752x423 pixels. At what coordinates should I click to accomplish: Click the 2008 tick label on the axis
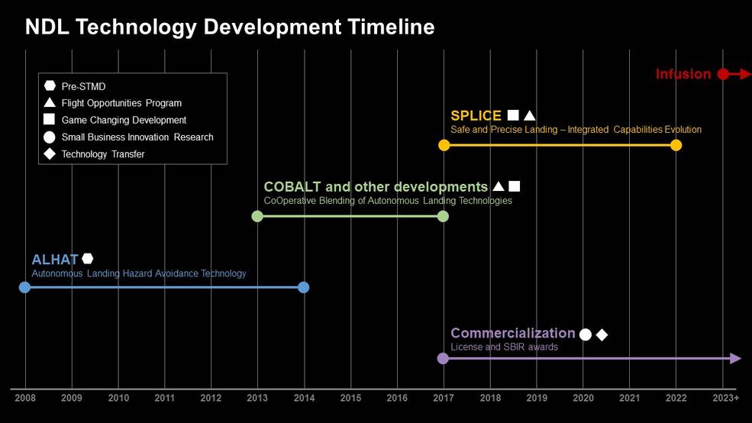25,398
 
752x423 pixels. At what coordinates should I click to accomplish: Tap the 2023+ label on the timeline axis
725,398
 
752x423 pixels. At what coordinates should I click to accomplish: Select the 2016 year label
397,398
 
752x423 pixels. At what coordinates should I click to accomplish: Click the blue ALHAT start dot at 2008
24,287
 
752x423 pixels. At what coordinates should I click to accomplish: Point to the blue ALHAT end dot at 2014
304,287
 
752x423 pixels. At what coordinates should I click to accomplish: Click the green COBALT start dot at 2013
257,216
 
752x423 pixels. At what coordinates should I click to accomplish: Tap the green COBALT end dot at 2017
443,216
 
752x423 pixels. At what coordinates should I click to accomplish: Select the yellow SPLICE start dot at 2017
444,145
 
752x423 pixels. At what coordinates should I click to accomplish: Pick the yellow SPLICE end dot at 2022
676,145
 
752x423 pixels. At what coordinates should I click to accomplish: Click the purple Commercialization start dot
443,358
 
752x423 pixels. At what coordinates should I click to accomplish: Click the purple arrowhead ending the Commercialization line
736,358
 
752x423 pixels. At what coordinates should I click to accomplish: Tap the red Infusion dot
723,74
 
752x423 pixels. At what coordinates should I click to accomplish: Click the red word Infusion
683,74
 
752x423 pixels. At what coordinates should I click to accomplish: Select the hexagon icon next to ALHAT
88,259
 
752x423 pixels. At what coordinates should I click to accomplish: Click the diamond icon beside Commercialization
602,334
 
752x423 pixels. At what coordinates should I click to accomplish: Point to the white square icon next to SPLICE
513,115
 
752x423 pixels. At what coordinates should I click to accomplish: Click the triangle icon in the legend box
49,103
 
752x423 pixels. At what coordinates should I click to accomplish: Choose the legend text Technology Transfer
103,154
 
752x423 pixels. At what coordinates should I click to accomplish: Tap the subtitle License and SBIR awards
504,347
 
